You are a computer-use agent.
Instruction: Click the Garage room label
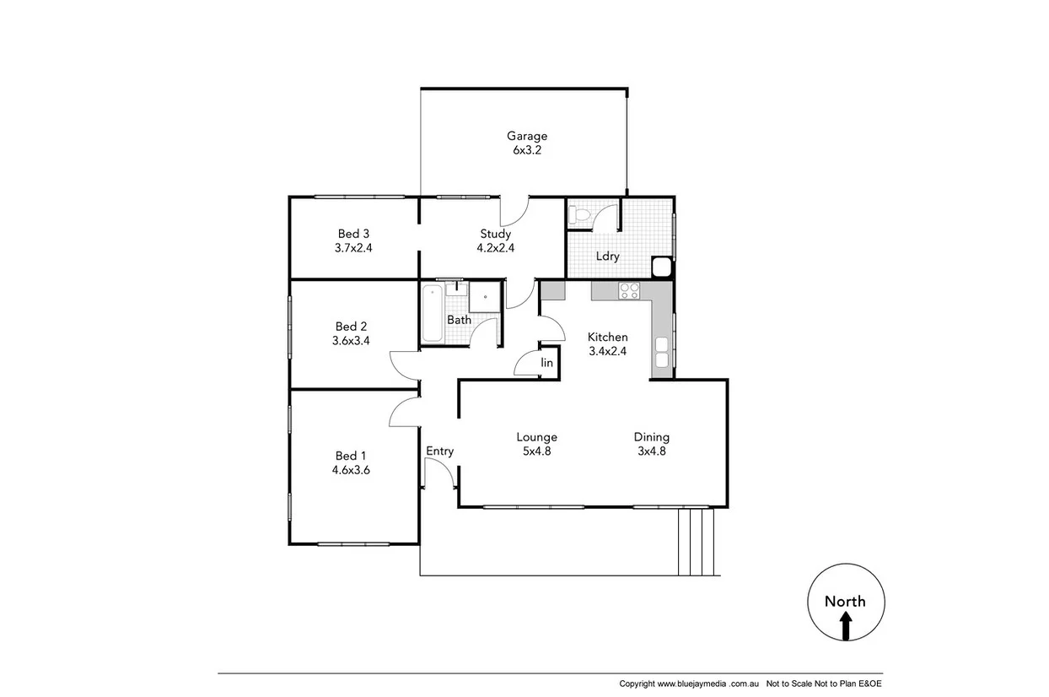[526, 136]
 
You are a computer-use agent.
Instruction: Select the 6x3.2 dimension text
[526, 150]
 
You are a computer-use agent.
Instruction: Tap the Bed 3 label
[353, 234]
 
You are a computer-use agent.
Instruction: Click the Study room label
[496, 234]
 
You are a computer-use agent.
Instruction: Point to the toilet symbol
[579, 214]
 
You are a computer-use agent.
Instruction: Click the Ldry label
[608, 257]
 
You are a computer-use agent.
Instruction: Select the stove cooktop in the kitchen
[629, 291]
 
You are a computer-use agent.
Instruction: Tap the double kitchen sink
[662, 352]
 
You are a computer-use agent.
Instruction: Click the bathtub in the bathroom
[431, 314]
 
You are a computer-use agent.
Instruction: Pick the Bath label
[459, 320]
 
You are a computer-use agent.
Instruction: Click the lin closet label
[546, 363]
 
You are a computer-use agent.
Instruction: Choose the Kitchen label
[607, 337]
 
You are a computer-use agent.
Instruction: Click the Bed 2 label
[351, 327]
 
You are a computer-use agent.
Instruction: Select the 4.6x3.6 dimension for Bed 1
[351, 470]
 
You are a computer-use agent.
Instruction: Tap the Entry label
[439, 451]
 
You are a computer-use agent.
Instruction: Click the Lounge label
[536, 437]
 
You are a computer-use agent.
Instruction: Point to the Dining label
[651, 437]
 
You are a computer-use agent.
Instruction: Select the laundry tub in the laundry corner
[662, 267]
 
